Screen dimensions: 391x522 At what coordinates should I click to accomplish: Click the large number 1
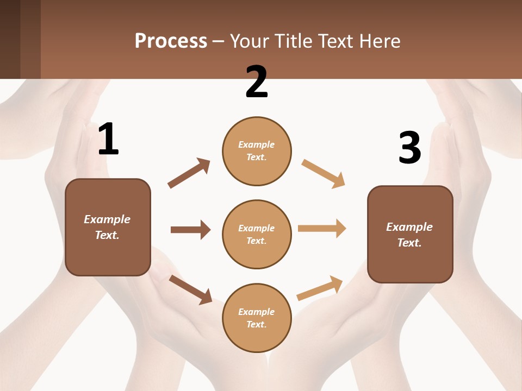[x=108, y=139]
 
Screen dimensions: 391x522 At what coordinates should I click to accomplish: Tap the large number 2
[x=257, y=82]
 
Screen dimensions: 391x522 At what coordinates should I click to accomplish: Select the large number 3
[x=409, y=148]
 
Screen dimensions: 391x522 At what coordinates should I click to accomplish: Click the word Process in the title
[x=171, y=41]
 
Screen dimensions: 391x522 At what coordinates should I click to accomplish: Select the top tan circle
[x=257, y=151]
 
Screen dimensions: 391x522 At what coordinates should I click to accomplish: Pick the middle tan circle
[x=257, y=234]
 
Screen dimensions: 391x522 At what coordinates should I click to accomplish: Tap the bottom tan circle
[x=257, y=318]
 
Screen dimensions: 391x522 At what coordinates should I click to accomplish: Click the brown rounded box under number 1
[x=108, y=227]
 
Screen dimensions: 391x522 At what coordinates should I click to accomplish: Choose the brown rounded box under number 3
[x=410, y=234]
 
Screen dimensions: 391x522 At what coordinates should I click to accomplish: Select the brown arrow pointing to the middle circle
[x=190, y=230]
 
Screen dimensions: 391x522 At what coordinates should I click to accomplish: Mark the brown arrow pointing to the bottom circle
[x=190, y=289]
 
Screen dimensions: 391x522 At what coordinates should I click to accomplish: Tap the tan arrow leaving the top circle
[x=323, y=174]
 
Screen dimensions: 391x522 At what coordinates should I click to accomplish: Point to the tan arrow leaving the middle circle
[x=322, y=228]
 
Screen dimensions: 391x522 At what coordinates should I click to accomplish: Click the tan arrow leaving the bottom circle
[x=320, y=288]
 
